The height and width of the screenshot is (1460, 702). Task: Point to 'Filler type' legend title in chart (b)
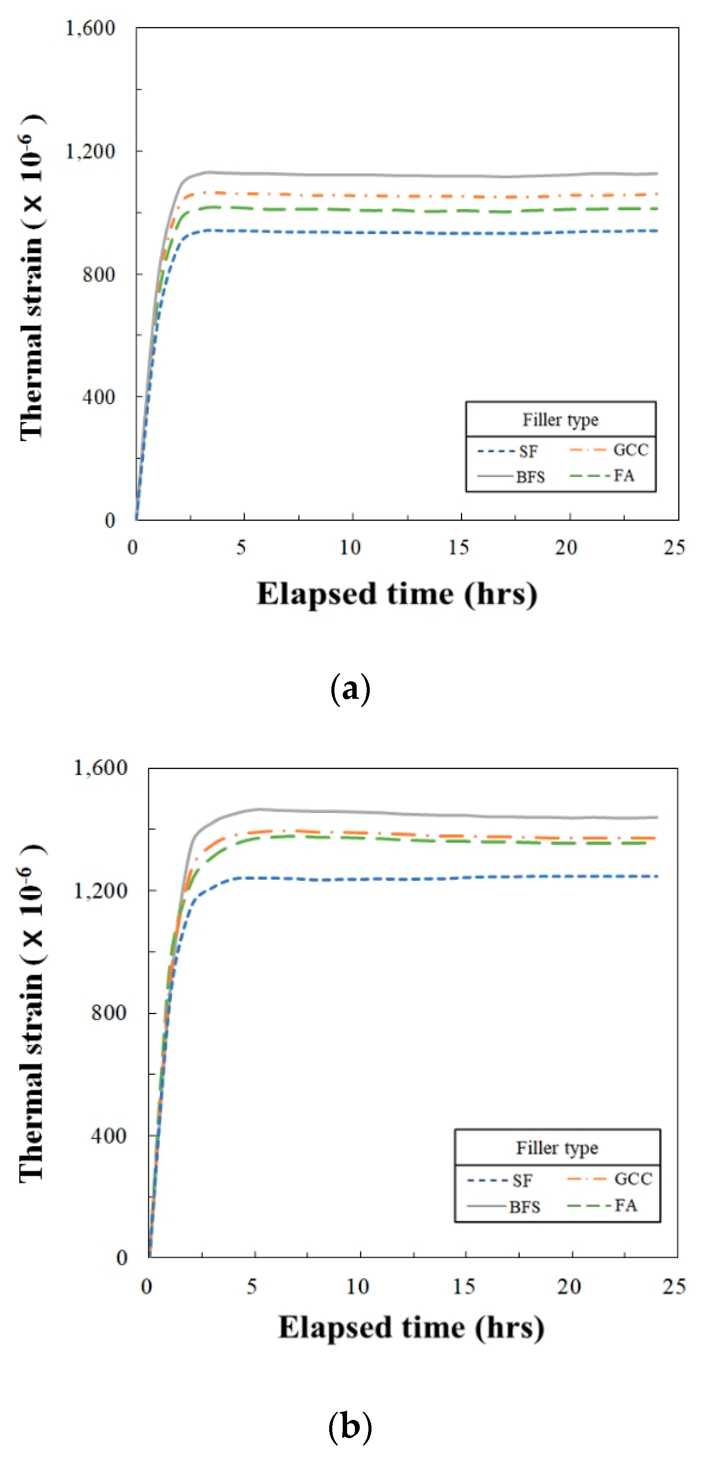pos(556,1148)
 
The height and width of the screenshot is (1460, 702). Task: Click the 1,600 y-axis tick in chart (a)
pos(91,28)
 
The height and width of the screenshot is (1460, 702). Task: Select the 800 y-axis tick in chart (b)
pos(109,1013)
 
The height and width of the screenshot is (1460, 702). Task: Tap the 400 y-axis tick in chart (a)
pos(99,397)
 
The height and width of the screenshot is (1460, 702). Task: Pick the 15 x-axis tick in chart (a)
pos(460,547)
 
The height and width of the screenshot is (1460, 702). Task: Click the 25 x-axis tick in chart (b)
pos(674,1286)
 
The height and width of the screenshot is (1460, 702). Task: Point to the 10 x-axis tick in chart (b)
pos(358,1286)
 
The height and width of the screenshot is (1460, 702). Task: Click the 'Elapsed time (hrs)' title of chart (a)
pos(397,594)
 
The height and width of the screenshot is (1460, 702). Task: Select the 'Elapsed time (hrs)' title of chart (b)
pos(411,1328)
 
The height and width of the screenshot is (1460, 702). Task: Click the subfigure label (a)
pos(350,689)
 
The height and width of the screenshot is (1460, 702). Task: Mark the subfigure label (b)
pos(350,1426)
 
